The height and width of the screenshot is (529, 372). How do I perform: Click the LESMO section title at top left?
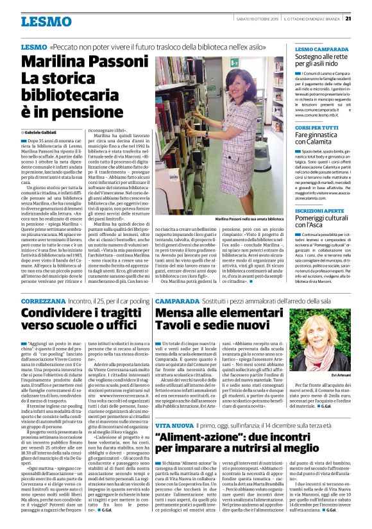(x=46, y=22)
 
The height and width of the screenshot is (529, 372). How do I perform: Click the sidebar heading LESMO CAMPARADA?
(x=322, y=49)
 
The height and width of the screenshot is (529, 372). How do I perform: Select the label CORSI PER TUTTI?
(x=316, y=128)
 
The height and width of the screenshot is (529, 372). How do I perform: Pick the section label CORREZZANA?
(x=43, y=301)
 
